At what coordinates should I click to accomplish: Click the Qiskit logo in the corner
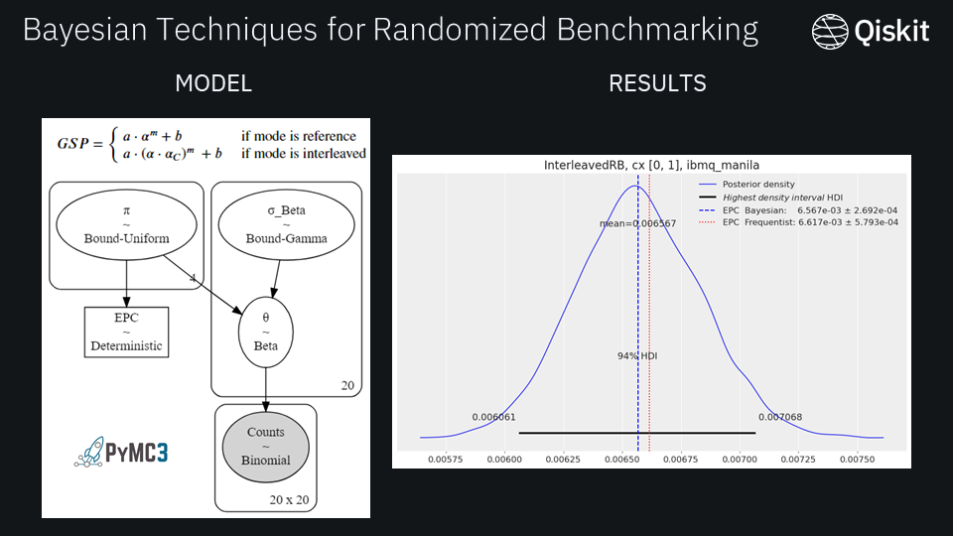pos(870,32)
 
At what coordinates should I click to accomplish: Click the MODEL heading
pos(212,83)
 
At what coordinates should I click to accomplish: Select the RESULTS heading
pos(657,83)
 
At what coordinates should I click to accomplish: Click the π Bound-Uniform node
pos(126,226)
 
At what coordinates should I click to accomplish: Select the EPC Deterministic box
pos(126,332)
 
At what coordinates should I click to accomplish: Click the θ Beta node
pos(265,332)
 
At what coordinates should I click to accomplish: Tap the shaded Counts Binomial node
pos(265,446)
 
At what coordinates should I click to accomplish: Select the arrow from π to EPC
pos(126,283)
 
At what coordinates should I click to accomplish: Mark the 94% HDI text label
pos(635,354)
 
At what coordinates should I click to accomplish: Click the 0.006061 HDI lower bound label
pos(493,417)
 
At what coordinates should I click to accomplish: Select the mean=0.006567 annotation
pos(637,223)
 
